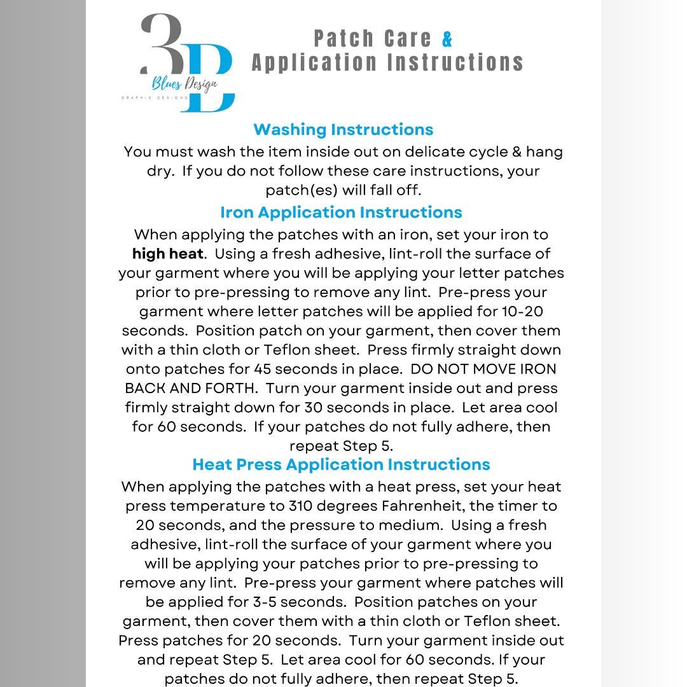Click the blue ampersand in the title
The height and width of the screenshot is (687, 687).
pyautogui.click(x=447, y=39)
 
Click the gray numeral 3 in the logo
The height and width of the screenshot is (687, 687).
pyautogui.click(x=162, y=45)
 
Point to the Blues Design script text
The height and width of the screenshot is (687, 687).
pyautogui.click(x=184, y=83)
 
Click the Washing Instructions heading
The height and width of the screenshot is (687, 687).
pyautogui.click(x=343, y=129)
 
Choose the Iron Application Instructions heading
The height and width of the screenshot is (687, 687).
pyautogui.click(x=341, y=212)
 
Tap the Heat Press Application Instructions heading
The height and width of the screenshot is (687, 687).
pyautogui.click(x=341, y=464)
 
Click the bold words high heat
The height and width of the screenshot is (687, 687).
pyautogui.click(x=168, y=254)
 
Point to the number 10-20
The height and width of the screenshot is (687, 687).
pyautogui.click(x=522, y=312)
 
